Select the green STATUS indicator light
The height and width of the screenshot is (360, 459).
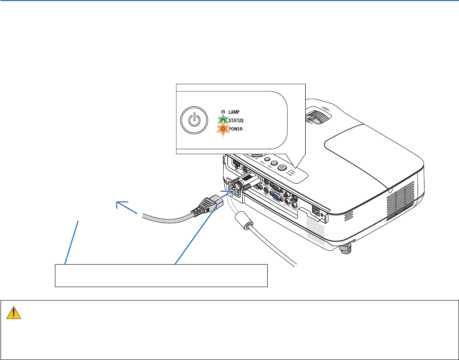[222, 120]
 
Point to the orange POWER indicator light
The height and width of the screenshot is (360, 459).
[222, 128]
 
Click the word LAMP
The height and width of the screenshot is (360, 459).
[235, 113]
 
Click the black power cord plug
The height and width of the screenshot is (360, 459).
[204, 204]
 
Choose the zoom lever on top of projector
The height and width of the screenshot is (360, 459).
[319, 117]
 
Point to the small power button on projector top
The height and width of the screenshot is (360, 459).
[282, 168]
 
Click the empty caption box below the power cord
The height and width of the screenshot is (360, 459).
[161, 275]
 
